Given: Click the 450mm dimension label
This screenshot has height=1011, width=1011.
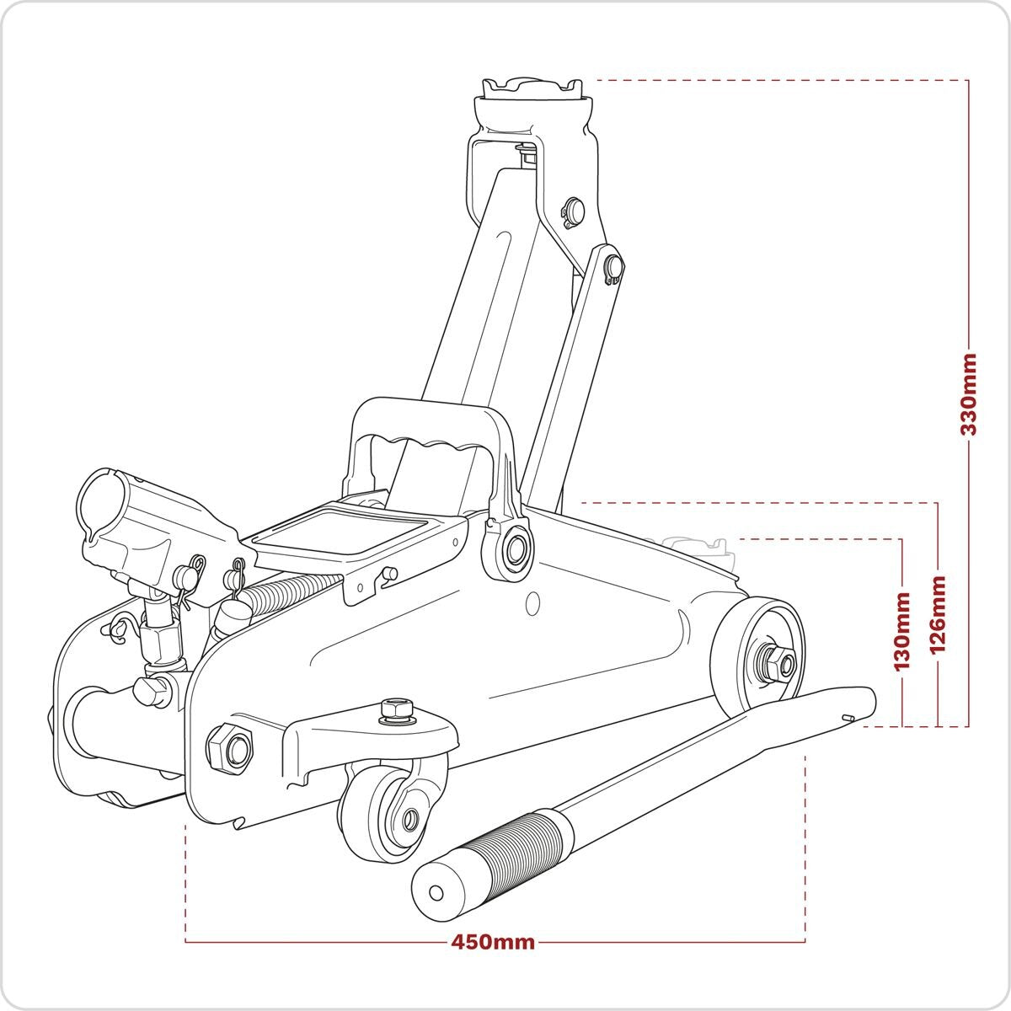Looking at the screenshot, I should pos(493,942).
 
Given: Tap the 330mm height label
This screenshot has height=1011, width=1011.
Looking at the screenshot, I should pos(969,393).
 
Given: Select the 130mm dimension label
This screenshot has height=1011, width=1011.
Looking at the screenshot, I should pos(902,629).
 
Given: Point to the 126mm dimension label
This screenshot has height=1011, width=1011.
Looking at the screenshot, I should pos(937,614).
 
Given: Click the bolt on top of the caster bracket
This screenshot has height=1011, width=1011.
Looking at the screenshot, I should pos(396,709).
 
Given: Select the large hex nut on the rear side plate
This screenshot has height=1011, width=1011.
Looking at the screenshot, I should pos(230,747).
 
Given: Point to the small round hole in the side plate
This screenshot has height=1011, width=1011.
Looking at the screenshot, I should pos(532,603).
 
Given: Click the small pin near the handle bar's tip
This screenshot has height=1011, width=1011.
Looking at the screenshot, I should pos(848,718).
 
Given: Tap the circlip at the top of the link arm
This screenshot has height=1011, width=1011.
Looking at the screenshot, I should pos(613,268).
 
